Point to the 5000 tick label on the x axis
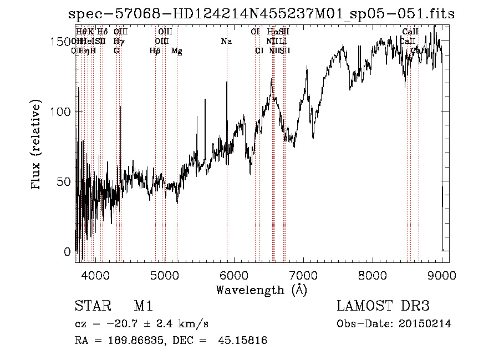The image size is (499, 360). (x=164, y=275)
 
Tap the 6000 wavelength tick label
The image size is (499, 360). (x=233, y=275)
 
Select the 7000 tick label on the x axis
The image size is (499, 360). (x=303, y=275)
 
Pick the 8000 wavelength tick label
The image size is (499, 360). (x=372, y=275)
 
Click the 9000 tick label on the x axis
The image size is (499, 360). (x=441, y=275)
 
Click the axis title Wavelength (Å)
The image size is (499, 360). (x=261, y=290)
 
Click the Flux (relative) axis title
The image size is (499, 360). (x=37, y=145)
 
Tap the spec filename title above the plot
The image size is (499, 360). (x=261, y=14)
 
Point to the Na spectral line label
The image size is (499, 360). (x=226, y=42)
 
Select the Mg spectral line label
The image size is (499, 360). (x=177, y=51)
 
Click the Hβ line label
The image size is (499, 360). (x=155, y=51)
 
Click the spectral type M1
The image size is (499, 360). (x=143, y=306)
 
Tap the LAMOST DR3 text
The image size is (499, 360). (x=383, y=306)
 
